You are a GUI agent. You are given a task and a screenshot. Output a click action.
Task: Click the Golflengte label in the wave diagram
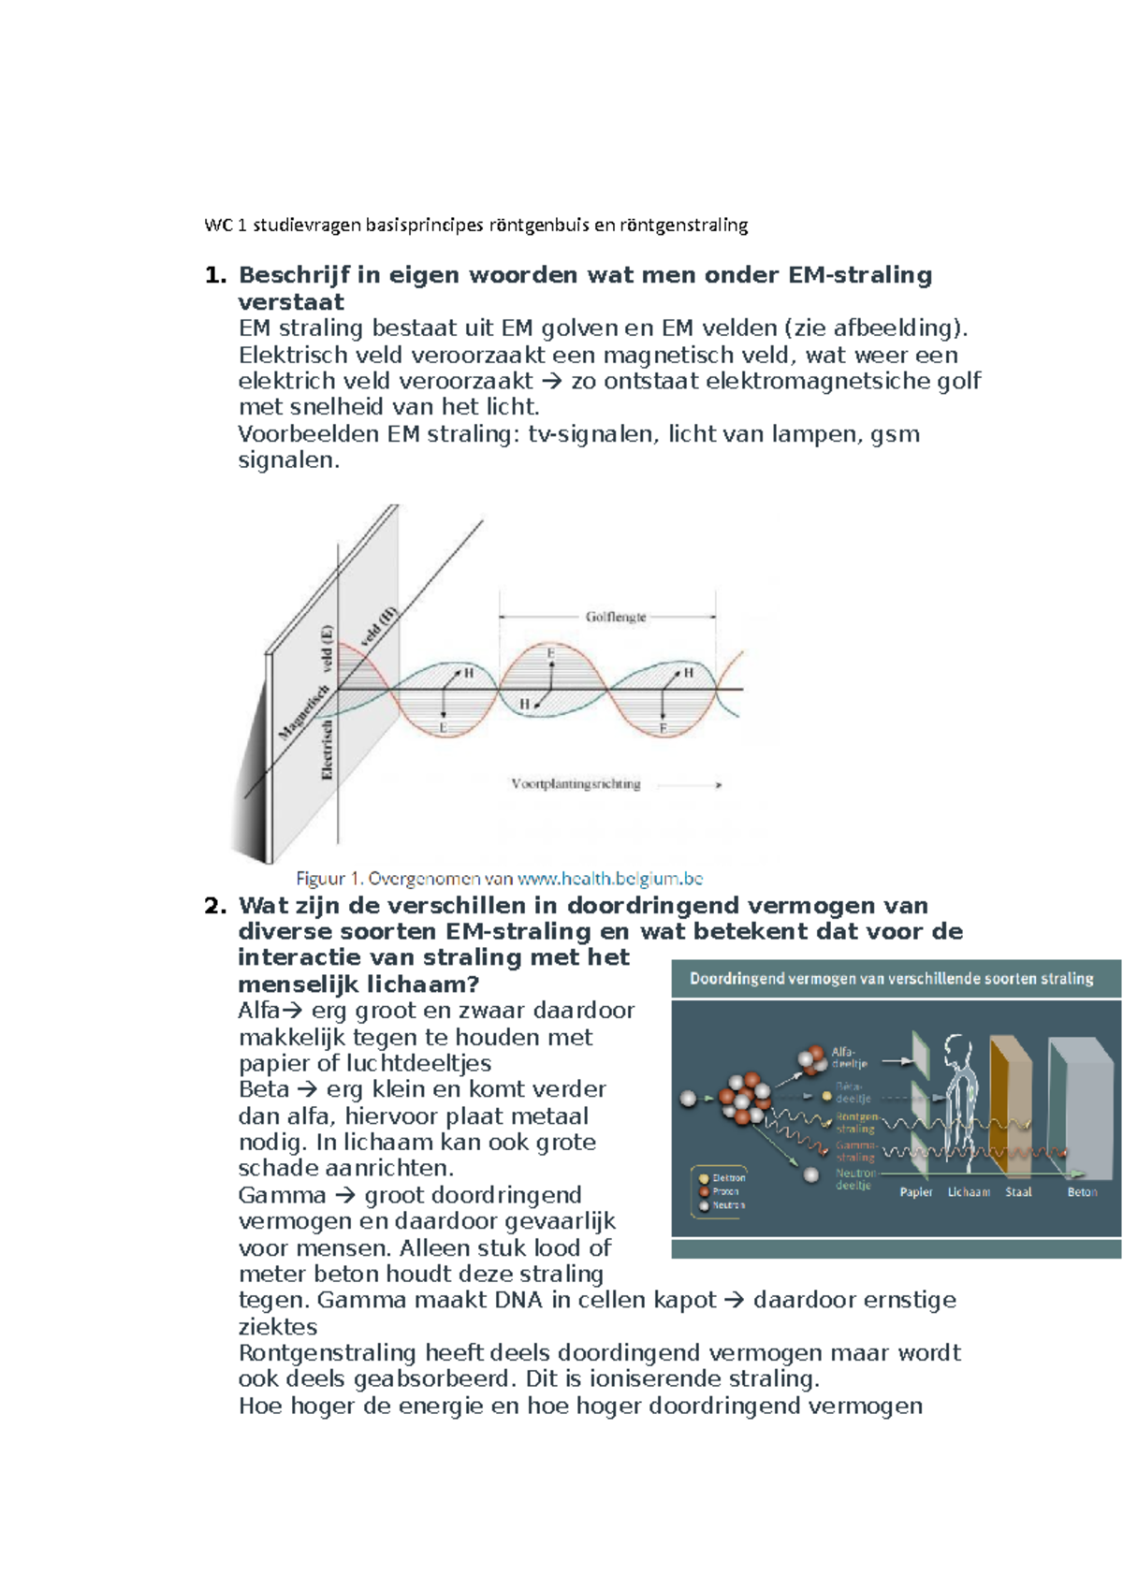pyautogui.click(x=615, y=617)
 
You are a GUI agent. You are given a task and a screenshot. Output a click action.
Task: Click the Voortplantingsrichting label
pyautogui.click(x=576, y=784)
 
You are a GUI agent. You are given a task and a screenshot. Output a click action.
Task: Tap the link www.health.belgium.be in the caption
pyautogui.click(x=609, y=879)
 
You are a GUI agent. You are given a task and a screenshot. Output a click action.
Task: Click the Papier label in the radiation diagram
pyautogui.click(x=916, y=1192)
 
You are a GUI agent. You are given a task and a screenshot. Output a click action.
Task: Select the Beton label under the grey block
pyautogui.click(x=1082, y=1192)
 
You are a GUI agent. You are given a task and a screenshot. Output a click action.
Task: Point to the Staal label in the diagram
pyautogui.click(x=1018, y=1192)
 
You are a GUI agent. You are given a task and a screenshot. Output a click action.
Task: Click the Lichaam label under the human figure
pyautogui.click(x=969, y=1192)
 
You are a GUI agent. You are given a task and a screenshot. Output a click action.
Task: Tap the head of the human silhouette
pyautogui.click(x=957, y=1047)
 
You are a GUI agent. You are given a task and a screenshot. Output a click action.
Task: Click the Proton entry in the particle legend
pyautogui.click(x=725, y=1192)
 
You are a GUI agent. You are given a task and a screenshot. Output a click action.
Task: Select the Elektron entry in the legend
pyautogui.click(x=728, y=1178)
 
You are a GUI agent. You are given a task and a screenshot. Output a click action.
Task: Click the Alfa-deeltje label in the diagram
pyautogui.click(x=849, y=1057)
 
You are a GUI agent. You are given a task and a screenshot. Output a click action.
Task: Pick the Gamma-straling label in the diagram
pyautogui.click(x=855, y=1151)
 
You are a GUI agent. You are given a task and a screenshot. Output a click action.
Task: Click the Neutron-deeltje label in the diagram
pyautogui.click(x=854, y=1179)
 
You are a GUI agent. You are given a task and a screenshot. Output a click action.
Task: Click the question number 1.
pyautogui.click(x=215, y=275)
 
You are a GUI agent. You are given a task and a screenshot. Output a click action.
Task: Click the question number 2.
pyautogui.click(x=215, y=906)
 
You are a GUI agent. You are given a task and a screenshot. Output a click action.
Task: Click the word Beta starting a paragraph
pyautogui.click(x=264, y=1089)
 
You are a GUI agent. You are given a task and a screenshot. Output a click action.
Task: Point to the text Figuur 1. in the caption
pyautogui.click(x=328, y=879)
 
